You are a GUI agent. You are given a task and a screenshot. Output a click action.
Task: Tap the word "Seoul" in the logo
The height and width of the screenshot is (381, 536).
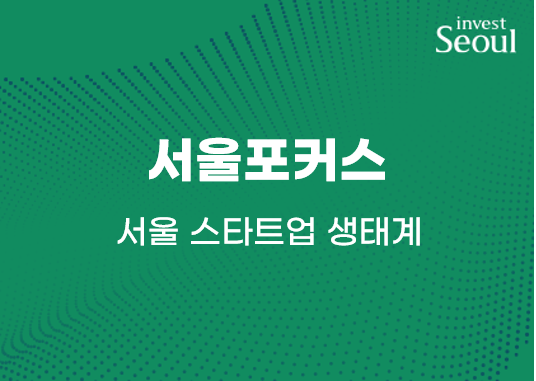point(476,41)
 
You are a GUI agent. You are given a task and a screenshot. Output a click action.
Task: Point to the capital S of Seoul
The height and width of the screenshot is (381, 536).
point(445,41)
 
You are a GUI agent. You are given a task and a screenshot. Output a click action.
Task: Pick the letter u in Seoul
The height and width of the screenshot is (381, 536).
point(499,43)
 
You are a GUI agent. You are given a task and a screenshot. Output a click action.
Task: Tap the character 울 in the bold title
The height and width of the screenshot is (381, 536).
point(219,160)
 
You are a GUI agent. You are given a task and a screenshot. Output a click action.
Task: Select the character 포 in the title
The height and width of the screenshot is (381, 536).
point(267,160)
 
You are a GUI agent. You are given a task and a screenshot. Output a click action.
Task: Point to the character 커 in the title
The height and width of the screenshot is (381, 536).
point(315,160)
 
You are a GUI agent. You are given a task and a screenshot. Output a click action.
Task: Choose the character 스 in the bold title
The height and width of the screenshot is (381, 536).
point(362,160)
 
